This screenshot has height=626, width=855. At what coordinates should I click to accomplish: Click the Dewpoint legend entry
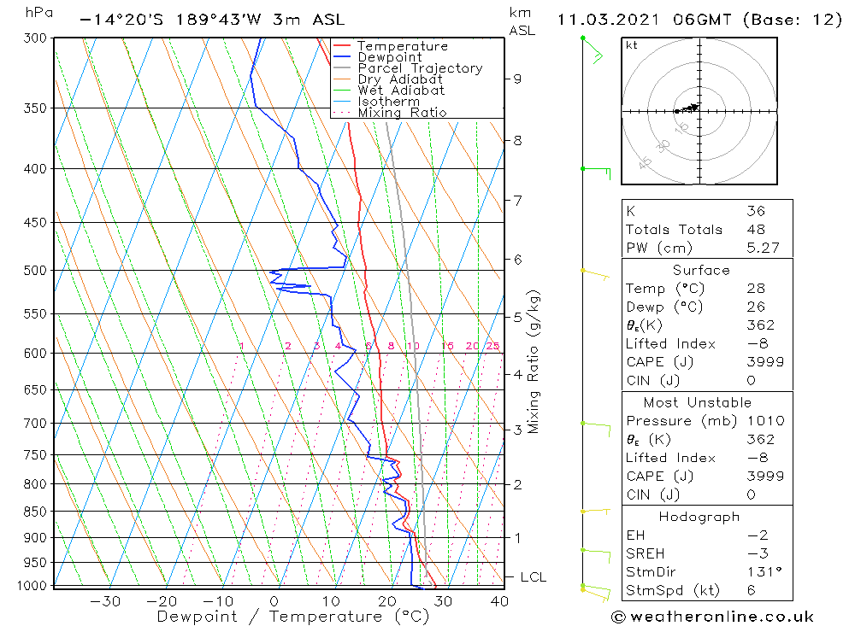[390, 57]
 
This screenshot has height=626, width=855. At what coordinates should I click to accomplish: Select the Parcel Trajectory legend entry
[420, 68]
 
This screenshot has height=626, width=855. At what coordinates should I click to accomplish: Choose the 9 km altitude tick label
[517, 79]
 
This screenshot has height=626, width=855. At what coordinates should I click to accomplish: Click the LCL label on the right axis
[533, 577]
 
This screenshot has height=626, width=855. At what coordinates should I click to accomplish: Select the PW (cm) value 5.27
[762, 249]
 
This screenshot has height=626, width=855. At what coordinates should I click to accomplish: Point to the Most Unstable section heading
[698, 402]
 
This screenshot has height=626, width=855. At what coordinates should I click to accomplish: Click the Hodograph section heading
[699, 517]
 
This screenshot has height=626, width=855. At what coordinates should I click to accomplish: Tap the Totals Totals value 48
[755, 230]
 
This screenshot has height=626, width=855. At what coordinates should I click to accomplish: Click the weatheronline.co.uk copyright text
[713, 617]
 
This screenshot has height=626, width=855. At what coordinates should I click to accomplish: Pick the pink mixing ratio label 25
[492, 346]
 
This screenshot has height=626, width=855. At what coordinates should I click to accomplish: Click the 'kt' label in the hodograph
[631, 45]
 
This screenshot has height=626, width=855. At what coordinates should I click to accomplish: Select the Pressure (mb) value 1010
[760, 421]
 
